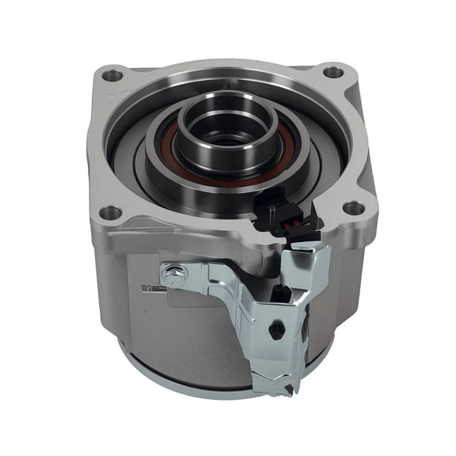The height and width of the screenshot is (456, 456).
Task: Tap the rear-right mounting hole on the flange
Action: click(333, 72)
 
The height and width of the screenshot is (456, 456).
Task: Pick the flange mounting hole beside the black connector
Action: click(353, 209)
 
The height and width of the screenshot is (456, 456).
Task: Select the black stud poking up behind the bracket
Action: click(280, 294)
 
